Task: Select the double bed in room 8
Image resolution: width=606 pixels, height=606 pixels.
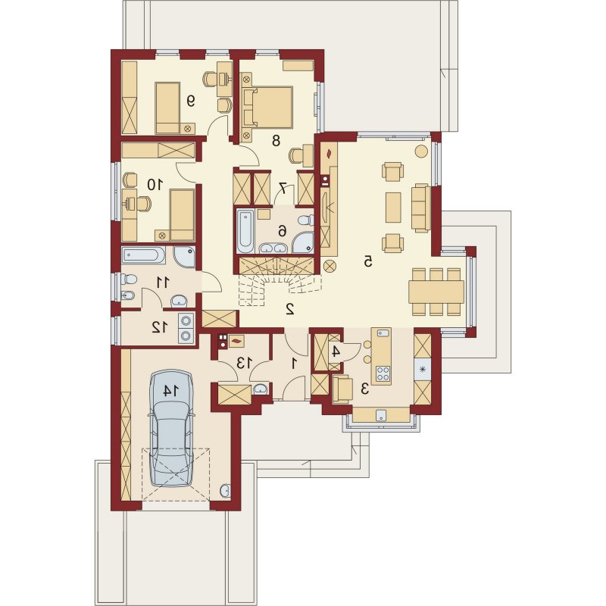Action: (267, 107)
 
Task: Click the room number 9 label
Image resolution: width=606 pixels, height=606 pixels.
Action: (191, 101)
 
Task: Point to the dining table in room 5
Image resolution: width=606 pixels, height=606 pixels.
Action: (436, 292)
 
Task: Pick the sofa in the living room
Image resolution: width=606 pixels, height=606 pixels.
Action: (420, 208)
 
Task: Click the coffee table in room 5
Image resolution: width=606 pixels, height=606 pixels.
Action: (393, 207)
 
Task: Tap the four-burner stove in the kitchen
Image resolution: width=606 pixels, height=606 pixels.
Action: (383, 373)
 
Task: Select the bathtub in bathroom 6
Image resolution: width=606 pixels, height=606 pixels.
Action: (245, 231)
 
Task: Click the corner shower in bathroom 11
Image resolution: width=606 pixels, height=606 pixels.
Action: (185, 257)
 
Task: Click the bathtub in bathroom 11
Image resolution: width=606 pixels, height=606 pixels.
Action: (143, 256)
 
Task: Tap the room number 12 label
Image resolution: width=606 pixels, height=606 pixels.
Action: (160, 327)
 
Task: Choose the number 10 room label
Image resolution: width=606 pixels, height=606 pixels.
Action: (154, 185)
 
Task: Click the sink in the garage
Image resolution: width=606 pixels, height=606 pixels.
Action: (225, 490)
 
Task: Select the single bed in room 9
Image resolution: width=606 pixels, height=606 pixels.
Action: (167, 108)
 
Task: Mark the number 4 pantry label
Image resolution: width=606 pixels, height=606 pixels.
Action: (336, 351)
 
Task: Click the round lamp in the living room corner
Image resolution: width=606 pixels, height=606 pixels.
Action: (421, 151)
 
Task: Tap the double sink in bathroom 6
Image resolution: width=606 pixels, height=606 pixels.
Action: (273, 248)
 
